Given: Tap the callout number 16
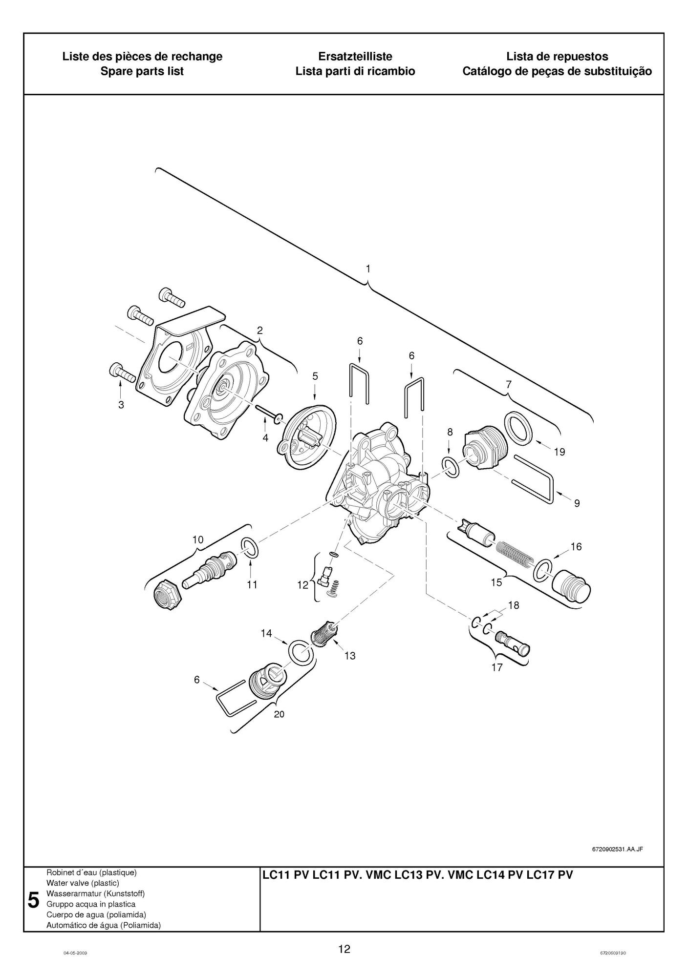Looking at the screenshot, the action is [x=576, y=547].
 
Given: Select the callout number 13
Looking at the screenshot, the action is [x=350, y=656].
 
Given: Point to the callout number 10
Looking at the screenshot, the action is [x=197, y=539].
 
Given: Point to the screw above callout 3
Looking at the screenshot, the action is [x=122, y=373].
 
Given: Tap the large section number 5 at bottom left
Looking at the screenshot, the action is [x=33, y=900].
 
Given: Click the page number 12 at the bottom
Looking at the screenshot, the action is [x=344, y=949].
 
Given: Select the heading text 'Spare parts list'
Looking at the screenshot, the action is [x=142, y=71].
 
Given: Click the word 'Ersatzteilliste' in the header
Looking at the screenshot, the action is [x=355, y=56].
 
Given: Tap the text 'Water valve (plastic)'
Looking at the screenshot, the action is [x=83, y=883].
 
